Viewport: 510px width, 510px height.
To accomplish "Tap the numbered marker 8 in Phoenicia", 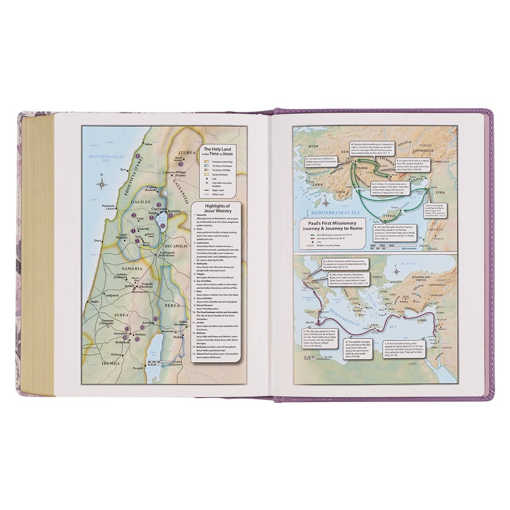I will (138, 156).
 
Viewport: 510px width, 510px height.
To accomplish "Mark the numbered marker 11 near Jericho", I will (156, 319).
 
